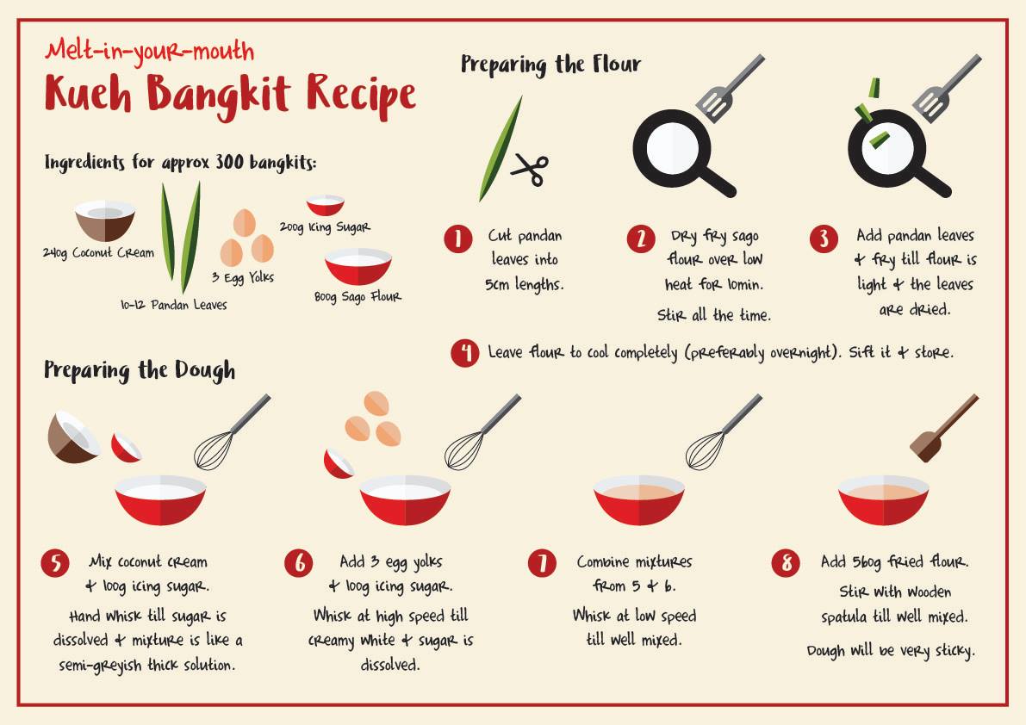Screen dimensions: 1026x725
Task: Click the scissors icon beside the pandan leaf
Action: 530,170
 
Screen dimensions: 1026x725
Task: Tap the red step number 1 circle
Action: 458,239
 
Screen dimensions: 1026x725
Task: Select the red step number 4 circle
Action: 464,353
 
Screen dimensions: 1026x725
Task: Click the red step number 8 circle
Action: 785,563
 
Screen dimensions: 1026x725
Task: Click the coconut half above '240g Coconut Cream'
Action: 105,221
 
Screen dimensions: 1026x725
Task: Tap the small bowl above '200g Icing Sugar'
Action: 326,205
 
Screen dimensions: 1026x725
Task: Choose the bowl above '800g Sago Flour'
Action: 358,266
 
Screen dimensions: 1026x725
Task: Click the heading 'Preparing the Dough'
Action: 140,370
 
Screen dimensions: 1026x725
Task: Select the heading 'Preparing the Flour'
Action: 550,65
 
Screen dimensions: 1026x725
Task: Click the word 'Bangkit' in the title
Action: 218,95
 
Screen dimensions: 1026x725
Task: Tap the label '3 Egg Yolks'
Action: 243,278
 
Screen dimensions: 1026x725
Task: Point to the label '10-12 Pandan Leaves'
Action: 173,305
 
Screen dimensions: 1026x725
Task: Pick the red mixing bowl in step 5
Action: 160,499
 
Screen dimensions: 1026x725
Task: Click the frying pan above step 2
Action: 681,153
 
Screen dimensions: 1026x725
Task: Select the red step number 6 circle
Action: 299,563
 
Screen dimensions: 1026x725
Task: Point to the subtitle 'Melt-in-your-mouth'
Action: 150,52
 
